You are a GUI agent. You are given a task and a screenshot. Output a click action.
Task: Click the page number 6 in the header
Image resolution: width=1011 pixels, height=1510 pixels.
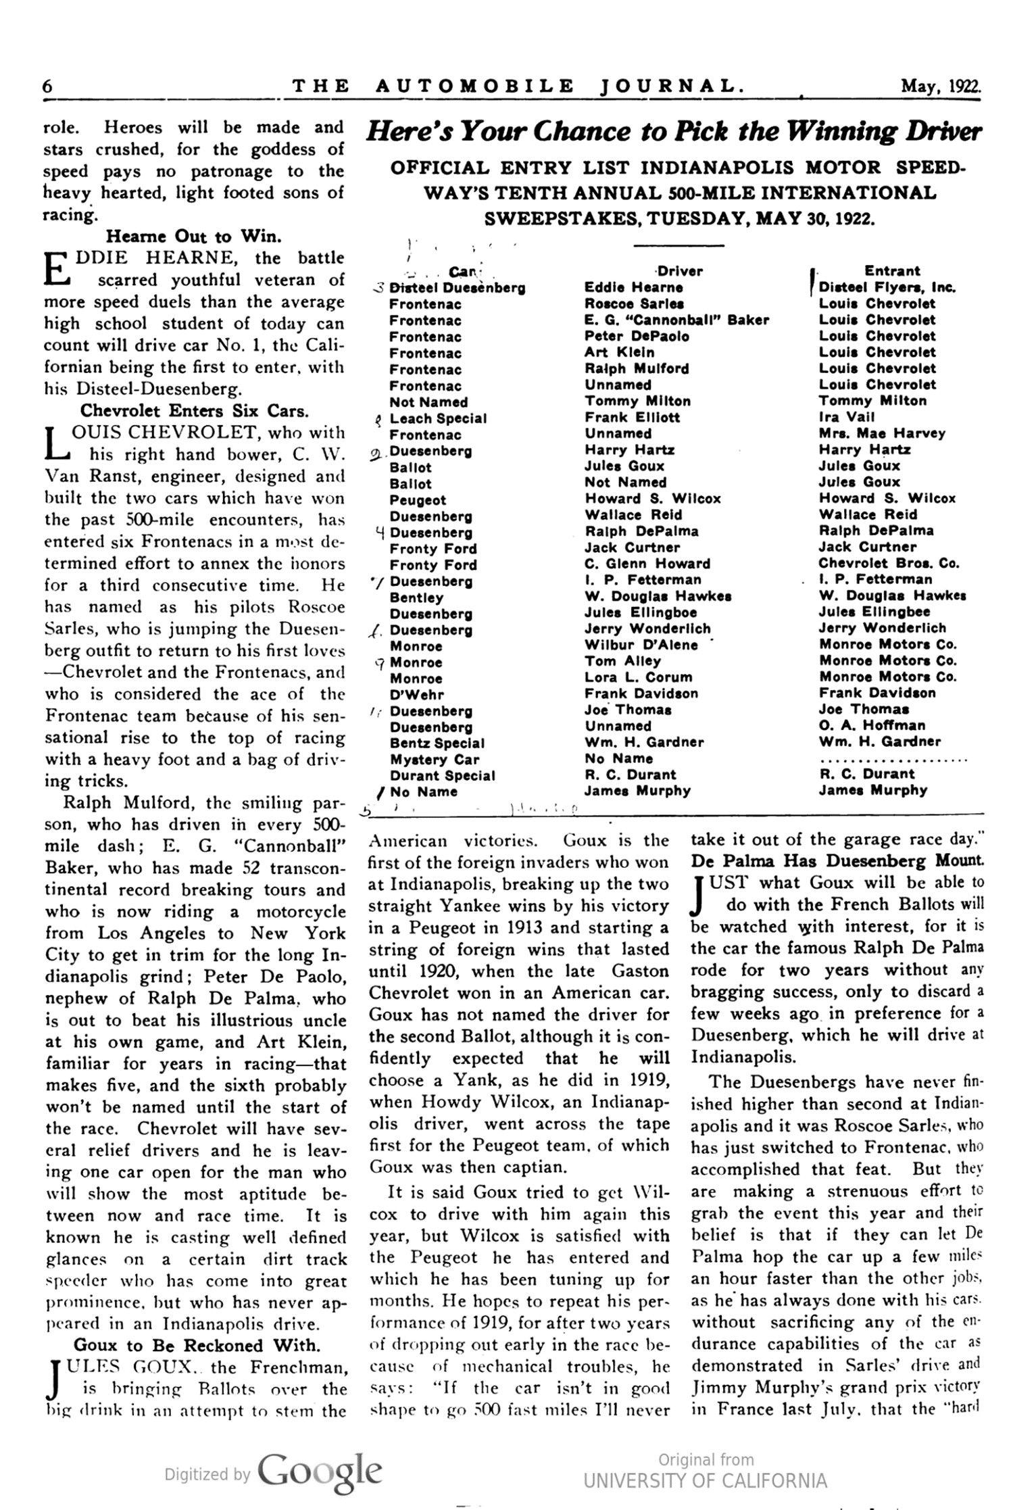[x=48, y=87]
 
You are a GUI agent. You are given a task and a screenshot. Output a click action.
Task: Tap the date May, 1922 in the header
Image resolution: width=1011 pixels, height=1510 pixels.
[x=940, y=87]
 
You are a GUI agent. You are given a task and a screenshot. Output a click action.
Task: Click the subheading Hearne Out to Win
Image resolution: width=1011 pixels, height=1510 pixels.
[x=193, y=237]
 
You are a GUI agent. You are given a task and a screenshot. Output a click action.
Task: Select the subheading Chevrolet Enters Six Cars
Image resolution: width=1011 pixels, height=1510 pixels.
[x=195, y=410]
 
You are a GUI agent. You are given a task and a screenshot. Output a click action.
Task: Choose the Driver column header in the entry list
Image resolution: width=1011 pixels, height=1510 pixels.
[x=680, y=271]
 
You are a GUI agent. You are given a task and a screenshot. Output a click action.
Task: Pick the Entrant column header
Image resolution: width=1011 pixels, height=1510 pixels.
[x=892, y=271]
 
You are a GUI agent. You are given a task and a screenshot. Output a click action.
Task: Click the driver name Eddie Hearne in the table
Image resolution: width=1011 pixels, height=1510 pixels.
[x=624, y=287]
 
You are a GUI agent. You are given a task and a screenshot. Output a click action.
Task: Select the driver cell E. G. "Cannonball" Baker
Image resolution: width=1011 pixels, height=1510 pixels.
[x=676, y=320]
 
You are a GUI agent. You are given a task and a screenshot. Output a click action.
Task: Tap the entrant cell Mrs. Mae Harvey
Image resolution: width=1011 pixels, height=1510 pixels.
[x=882, y=433]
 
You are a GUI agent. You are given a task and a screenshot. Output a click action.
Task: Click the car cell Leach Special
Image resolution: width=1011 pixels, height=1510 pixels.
[x=438, y=418]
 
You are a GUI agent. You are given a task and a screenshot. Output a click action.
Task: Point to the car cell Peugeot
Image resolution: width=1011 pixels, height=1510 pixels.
[x=418, y=500]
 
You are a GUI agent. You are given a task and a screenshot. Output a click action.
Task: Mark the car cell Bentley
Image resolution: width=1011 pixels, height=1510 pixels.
[x=416, y=598]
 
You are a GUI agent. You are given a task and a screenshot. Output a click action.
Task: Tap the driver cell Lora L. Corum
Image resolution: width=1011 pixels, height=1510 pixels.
[x=638, y=677]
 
